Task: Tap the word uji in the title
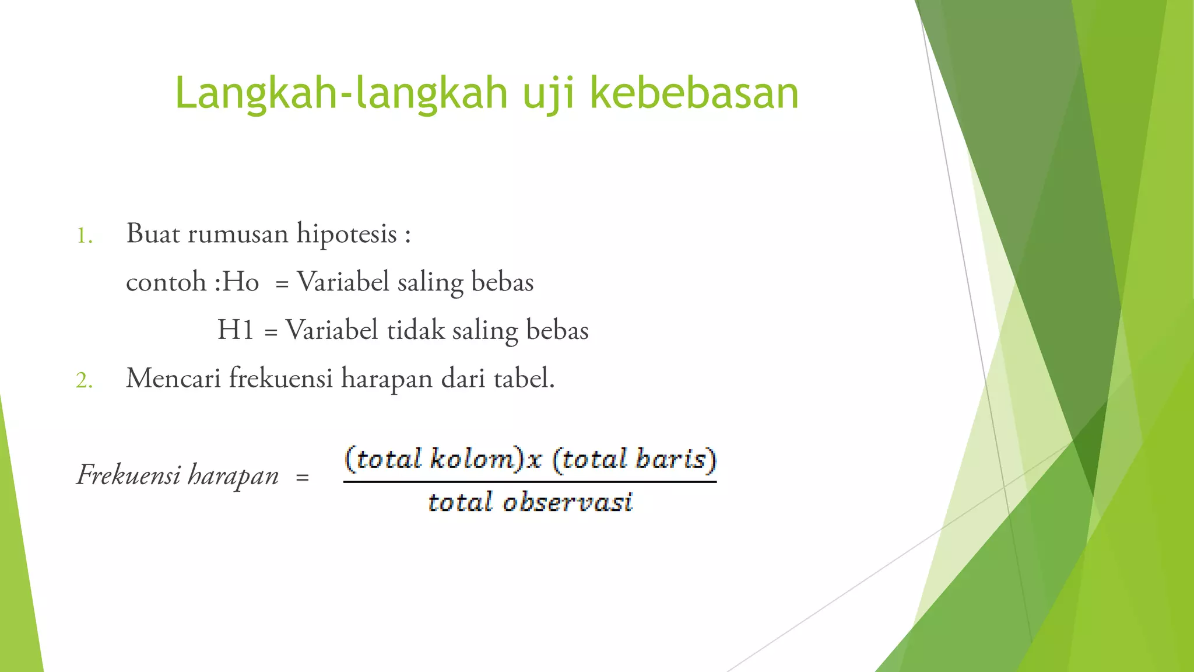[x=548, y=93]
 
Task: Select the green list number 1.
[x=85, y=236]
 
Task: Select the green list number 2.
[x=85, y=380]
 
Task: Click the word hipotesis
[x=347, y=235]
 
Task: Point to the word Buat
[x=153, y=233]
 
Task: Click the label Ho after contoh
[x=240, y=282]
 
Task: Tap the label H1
[x=236, y=330]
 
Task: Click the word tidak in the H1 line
[x=416, y=330]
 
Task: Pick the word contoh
[x=166, y=282]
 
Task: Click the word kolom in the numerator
[x=472, y=459]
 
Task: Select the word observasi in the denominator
[x=568, y=502]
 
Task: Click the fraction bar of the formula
[x=529, y=482]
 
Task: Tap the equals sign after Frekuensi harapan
[x=302, y=478]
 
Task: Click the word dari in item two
[x=463, y=378]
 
